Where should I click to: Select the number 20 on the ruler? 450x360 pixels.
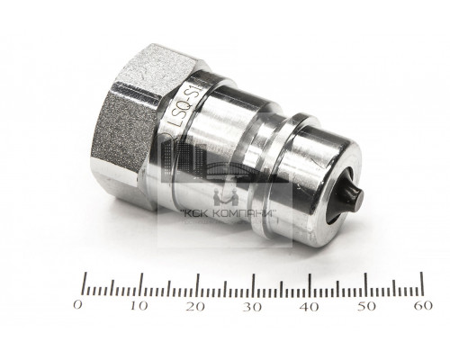coord(194,308)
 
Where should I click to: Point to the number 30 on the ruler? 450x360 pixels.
coord(252,308)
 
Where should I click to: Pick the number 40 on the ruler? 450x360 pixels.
coord(310,308)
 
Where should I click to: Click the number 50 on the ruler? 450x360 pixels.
coord(367,308)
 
